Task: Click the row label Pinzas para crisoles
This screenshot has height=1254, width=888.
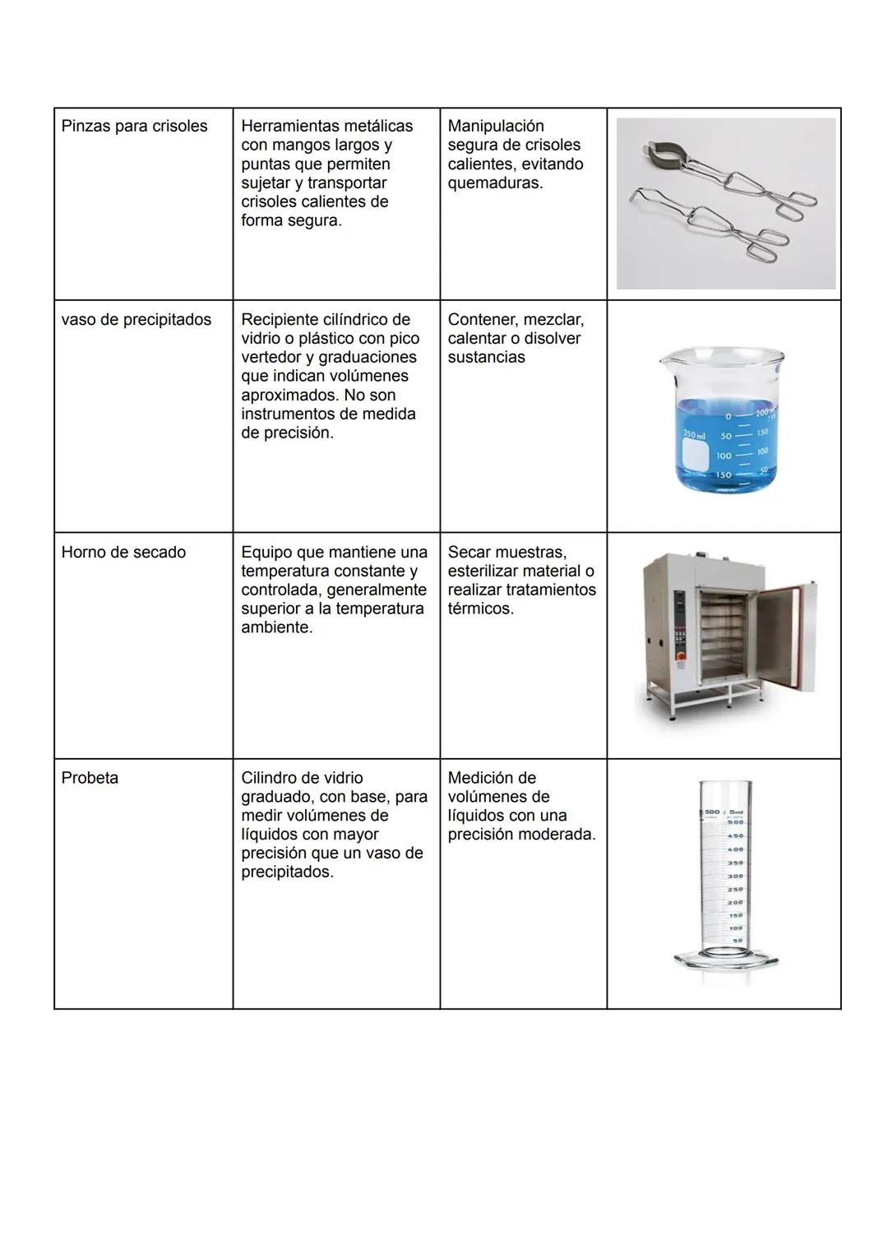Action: click(x=134, y=126)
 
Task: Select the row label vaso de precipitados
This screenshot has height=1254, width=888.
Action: click(x=136, y=319)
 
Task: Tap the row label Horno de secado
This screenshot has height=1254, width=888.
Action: click(x=123, y=552)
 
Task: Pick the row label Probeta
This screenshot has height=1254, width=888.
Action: click(x=90, y=777)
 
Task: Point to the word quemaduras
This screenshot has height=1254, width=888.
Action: click(x=494, y=183)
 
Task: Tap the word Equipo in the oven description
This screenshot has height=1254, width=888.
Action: click(x=268, y=552)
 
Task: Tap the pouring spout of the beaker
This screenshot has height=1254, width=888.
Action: click(x=667, y=359)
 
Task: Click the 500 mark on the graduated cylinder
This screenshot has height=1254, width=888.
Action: click(x=735, y=821)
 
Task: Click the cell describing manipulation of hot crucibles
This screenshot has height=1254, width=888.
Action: click(x=523, y=154)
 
